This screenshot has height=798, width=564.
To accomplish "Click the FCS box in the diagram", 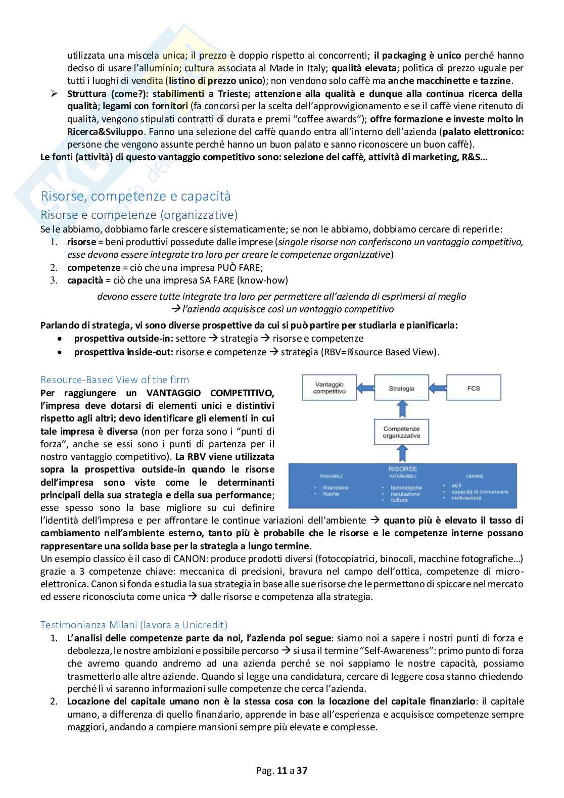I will tap(474, 388).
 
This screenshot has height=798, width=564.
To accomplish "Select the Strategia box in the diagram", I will tap(401, 388).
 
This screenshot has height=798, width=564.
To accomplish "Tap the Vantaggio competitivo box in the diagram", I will tap(329, 388).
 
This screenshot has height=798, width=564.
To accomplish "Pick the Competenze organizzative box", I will tap(401, 432).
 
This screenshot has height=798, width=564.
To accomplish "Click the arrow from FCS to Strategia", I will tap(438, 388).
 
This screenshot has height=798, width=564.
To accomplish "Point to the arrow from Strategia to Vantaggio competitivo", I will tap(365, 388).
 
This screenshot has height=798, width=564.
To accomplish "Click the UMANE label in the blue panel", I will tap(475, 476).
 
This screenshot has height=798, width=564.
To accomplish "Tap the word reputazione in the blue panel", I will tap(405, 494).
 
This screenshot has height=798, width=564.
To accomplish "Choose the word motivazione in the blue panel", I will tap(466, 498).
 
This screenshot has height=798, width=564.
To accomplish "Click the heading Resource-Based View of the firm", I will tap(115, 380).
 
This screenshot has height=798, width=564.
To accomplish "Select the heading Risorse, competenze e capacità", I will tap(135, 196).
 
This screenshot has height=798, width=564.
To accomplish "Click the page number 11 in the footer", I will tap(282, 771).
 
